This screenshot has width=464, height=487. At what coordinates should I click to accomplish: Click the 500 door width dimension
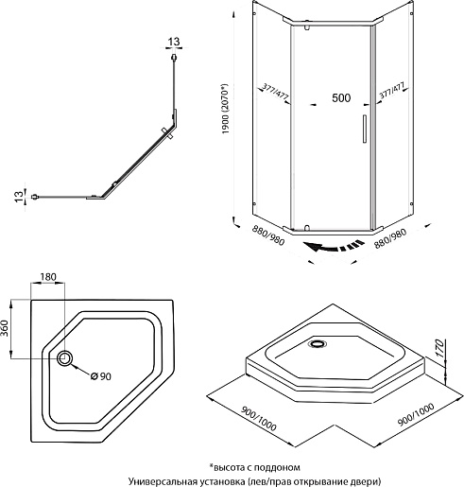[341, 97]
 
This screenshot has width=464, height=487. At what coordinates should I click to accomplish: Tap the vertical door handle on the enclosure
[365, 129]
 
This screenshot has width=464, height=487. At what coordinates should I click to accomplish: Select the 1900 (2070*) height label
[226, 109]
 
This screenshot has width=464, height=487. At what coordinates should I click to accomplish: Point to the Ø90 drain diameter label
[101, 376]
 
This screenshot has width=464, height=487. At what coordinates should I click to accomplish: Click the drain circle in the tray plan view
[65, 358]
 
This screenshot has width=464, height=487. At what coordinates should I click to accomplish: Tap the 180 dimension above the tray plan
[48, 277]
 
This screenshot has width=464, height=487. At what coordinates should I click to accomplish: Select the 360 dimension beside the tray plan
[5, 328]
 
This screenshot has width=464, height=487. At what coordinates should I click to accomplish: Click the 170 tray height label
[439, 348]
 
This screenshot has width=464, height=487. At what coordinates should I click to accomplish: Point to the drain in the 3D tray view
[318, 343]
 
